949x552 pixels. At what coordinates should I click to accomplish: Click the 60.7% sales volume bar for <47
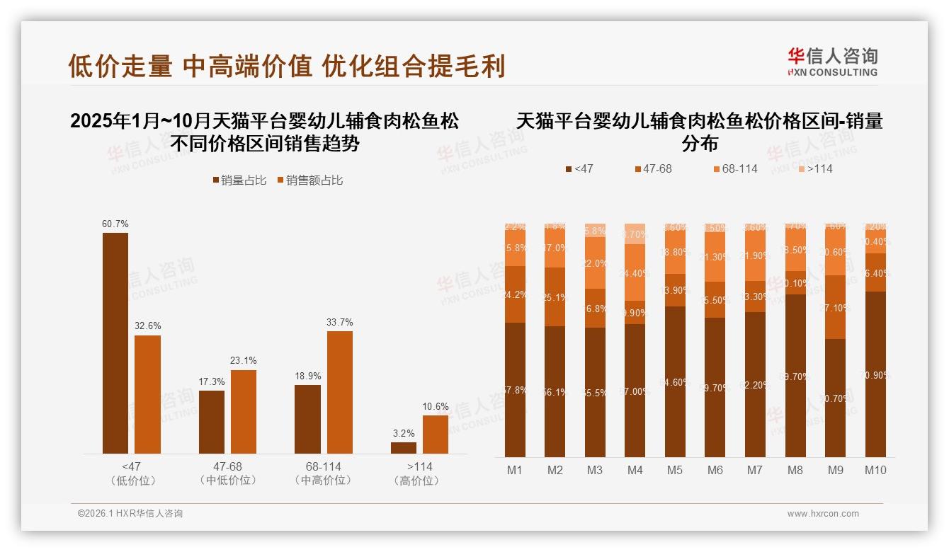point(115,343)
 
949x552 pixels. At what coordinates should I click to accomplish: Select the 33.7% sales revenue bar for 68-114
point(339,392)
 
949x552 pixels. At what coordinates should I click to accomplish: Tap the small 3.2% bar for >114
point(404,448)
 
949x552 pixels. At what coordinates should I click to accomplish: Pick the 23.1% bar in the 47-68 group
point(244,412)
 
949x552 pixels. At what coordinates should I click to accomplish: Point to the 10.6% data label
point(436,406)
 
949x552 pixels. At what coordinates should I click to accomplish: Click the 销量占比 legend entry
point(239,180)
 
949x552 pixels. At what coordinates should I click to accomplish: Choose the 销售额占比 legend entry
point(309,180)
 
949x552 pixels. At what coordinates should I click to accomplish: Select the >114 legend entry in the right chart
point(814,168)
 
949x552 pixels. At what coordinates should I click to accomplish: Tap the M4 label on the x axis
point(635,470)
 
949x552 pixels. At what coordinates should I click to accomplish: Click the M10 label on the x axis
point(875,470)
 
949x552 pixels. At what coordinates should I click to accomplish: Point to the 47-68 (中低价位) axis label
point(227,473)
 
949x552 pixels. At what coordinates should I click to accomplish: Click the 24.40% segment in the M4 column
point(635,272)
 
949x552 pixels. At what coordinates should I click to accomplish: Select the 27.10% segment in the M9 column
point(836,307)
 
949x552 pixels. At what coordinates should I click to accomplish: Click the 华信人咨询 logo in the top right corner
point(832,62)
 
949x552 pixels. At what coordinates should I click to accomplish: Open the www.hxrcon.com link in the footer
point(823,514)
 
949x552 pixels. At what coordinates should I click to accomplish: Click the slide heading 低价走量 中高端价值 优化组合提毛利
point(286,67)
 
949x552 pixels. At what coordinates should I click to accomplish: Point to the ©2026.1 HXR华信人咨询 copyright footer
point(130,514)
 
